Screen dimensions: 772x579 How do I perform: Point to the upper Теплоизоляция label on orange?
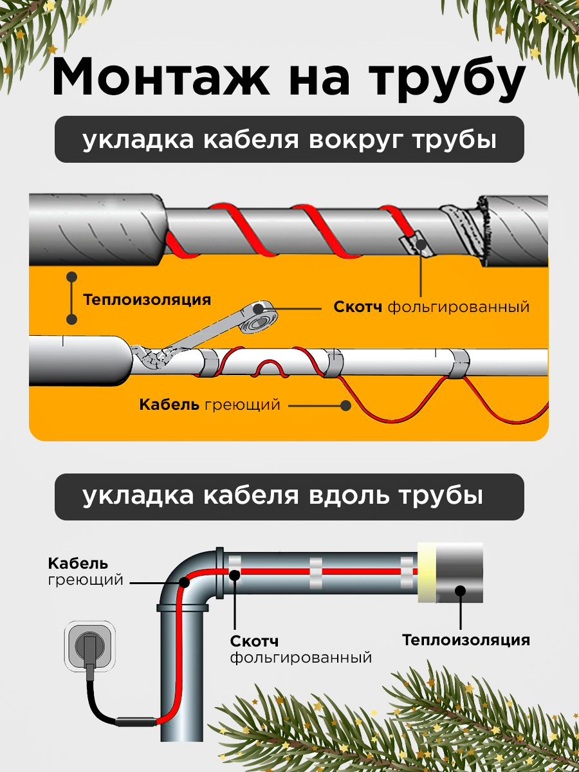pos(147,300)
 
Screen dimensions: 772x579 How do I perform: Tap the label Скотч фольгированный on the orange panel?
pos(431,307)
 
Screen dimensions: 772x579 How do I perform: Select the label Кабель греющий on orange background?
pos(210,405)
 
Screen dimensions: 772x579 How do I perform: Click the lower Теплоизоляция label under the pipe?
pos(466,640)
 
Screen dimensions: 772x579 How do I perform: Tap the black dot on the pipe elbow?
pos(183,583)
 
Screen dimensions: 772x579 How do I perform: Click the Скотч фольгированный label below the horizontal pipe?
pos(301,650)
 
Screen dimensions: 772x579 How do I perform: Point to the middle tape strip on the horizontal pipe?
pos(317,572)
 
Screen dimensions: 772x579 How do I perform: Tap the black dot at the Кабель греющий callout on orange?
pos(346,405)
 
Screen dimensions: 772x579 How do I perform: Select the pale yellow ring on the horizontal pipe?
pos(427,573)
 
